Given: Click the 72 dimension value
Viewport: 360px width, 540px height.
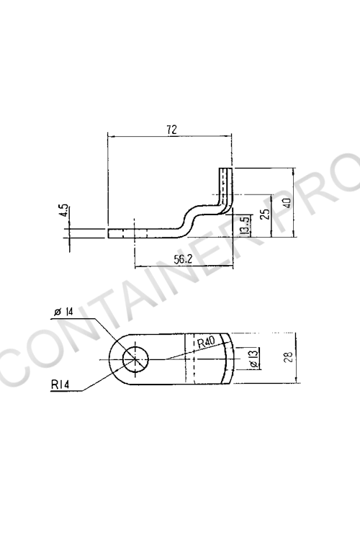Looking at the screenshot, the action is (171, 130).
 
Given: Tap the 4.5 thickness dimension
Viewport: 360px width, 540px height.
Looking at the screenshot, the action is (64, 210).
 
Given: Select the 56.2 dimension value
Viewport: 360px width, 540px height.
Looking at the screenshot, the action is (183, 259).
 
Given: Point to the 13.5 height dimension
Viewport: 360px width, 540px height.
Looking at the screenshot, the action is (244, 225).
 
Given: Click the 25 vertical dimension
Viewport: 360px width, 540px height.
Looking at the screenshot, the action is (265, 215).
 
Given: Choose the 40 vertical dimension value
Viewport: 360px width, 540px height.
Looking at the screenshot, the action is (287, 202).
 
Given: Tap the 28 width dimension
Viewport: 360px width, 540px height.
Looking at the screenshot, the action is (288, 356).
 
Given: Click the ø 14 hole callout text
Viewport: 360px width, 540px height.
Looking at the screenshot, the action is (64, 312).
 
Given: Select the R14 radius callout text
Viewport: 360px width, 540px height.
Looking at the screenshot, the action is (60, 384).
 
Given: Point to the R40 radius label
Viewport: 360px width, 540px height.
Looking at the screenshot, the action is (206, 342).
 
